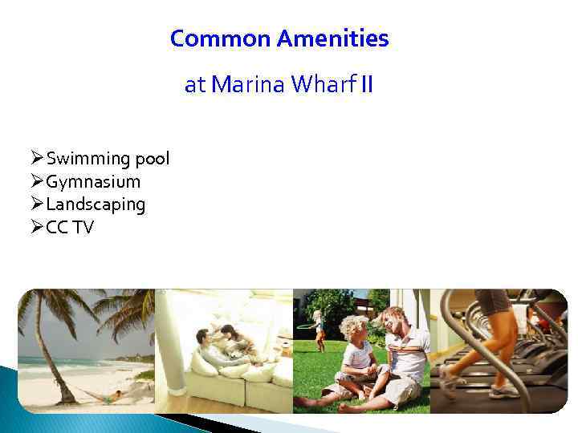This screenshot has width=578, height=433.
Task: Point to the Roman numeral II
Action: click(x=366, y=85)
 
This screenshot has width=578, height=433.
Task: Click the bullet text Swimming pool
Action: click(x=108, y=159)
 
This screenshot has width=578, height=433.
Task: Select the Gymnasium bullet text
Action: click(x=93, y=182)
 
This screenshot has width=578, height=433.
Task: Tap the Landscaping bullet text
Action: click(x=96, y=204)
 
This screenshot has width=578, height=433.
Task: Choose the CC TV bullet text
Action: click(x=70, y=228)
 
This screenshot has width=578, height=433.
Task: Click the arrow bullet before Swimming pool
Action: click(x=36, y=159)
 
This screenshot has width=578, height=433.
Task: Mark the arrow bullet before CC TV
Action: click(x=36, y=228)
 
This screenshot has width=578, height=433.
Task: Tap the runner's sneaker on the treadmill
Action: click(x=504, y=391)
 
